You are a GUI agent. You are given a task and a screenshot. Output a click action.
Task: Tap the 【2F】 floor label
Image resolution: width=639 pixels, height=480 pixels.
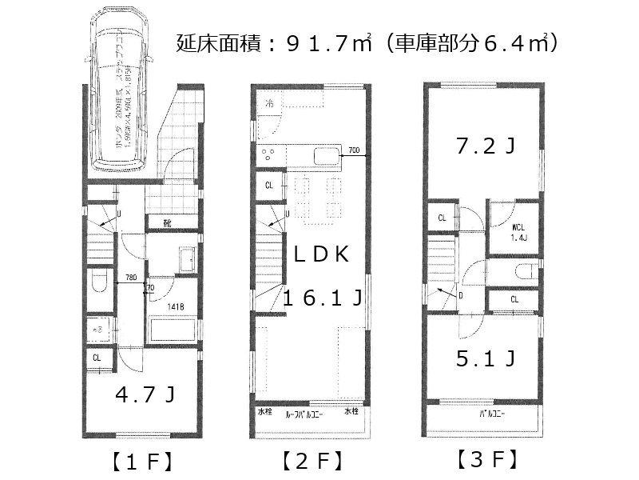312,461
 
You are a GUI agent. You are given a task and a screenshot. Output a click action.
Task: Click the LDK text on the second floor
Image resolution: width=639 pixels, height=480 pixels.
319,254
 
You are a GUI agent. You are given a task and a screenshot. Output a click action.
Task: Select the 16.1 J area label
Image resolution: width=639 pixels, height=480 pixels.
323,299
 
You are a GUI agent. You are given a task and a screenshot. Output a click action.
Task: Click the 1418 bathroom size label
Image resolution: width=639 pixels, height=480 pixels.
176,306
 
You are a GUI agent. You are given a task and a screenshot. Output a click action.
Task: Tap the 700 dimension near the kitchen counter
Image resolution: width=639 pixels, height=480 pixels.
354,150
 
